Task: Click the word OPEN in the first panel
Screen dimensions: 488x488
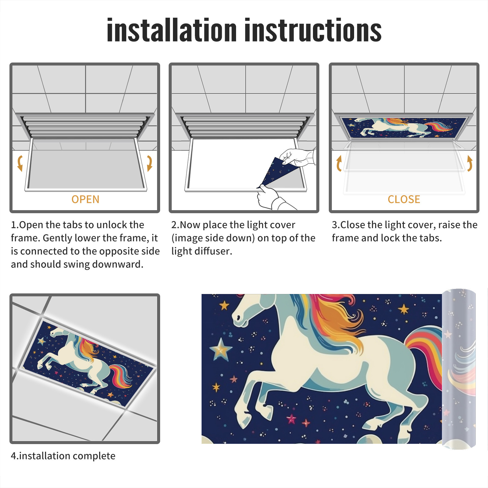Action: point(85,199)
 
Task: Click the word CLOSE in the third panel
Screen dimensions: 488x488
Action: point(404,199)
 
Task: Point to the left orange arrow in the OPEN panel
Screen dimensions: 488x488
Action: point(20,163)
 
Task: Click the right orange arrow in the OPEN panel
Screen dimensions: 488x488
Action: point(149,163)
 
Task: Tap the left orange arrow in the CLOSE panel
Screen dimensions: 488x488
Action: point(339,163)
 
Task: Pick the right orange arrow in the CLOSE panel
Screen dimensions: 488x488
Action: point(470,163)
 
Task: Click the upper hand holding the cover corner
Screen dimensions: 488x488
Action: point(297,157)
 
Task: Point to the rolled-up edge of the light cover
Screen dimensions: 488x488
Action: point(459,369)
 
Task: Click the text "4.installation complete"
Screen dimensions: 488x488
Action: point(63,456)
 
